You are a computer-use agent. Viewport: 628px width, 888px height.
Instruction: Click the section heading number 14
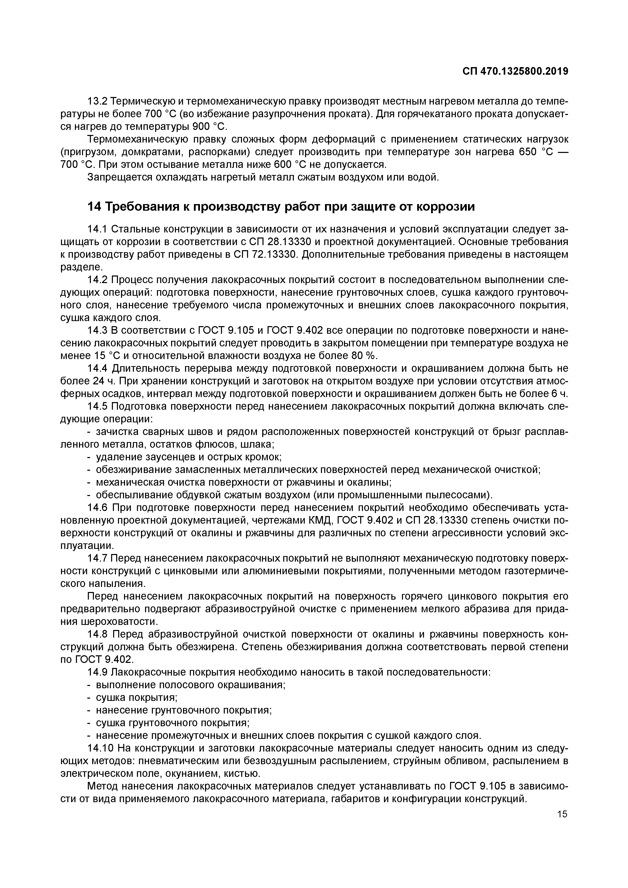click(94, 207)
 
